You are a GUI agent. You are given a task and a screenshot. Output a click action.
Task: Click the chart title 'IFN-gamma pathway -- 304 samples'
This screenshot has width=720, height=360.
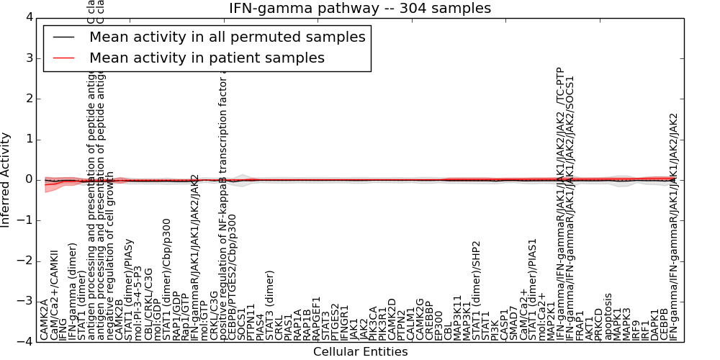click(x=359, y=8)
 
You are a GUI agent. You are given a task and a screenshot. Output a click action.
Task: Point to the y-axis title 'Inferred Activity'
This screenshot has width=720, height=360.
click(x=6, y=180)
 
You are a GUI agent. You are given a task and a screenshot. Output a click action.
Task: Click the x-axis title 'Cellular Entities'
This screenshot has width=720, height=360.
click(x=360, y=352)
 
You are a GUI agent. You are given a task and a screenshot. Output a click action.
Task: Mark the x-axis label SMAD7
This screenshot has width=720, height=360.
click(x=513, y=321)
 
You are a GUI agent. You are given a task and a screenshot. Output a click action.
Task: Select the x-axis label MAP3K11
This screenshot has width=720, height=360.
click(x=457, y=317)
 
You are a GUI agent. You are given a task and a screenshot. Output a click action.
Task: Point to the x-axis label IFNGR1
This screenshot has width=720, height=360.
click(x=344, y=320)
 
